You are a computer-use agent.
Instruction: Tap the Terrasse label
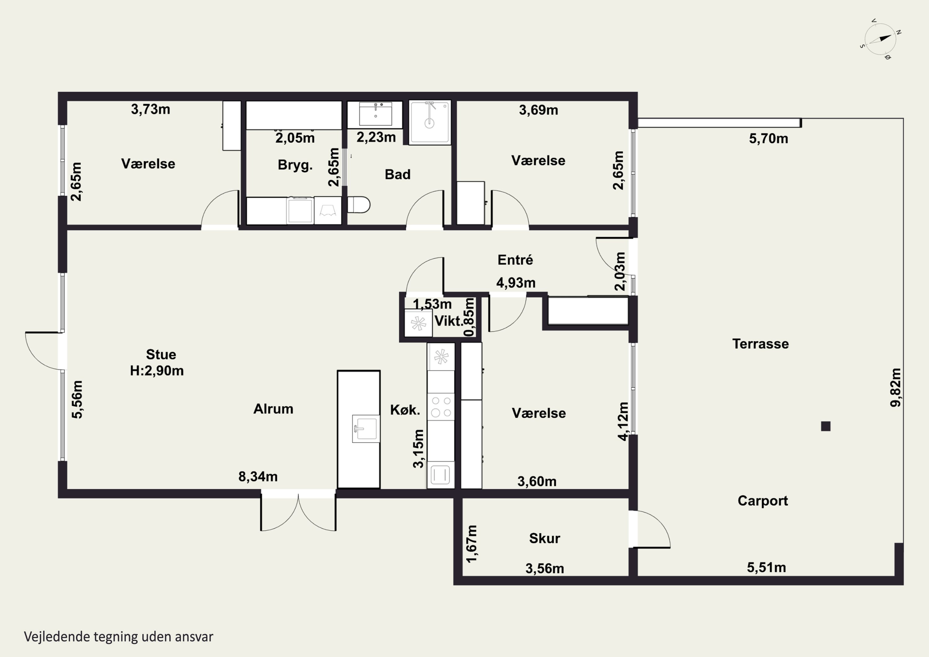pyautogui.click(x=760, y=344)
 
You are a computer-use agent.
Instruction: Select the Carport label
pyautogui.click(x=763, y=501)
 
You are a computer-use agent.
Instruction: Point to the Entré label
pyautogui.click(x=515, y=260)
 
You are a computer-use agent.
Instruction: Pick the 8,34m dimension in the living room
pyautogui.click(x=258, y=477)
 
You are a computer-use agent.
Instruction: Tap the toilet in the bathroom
pyautogui.click(x=359, y=205)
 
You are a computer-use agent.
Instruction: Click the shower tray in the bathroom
pyautogui.click(x=430, y=122)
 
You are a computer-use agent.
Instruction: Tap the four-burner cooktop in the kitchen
pyautogui.click(x=441, y=407)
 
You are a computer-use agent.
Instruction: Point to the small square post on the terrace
pyautogui.click(x=826, y=426)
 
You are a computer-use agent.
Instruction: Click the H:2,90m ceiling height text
pyautogui.click(x=157, y=371)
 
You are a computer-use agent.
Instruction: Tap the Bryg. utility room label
pyautogui.click(x=295, y=165)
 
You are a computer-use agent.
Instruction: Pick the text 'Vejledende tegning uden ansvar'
pyautogui.click(x=119, y=637)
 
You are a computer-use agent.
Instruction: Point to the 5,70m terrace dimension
pyautogui.click(x=768, y=139)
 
